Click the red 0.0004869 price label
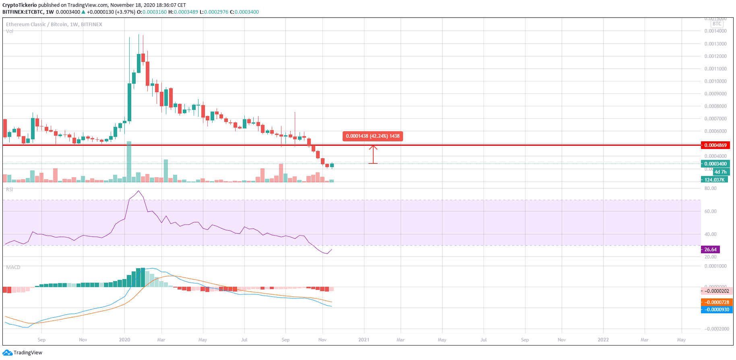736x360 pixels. click(x=715, y=145)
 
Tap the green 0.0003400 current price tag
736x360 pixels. click(x=715, y=164)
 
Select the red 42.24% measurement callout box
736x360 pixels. click(x=372, y=136)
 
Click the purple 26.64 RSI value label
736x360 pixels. click(x=710, y=250)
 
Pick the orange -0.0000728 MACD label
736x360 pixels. click(x=717, y=302)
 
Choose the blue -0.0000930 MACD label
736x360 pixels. click(x=717, y=310)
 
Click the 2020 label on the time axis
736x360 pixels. click(x=124, y=340)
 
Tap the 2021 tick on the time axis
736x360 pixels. click(x=364, y=340)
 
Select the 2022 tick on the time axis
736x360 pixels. click(x=603, y=340)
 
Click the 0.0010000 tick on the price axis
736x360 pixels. click(x=715, y=81)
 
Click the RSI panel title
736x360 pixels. click(x=9, y=189)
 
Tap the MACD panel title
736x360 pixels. click(x=13, y=267)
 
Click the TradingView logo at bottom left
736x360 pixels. click(x=23, y=353)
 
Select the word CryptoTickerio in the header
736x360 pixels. click(x=20, y=5)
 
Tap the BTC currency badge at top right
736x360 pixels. click(x=717, y=24)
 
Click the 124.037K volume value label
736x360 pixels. click(x=714, y=180)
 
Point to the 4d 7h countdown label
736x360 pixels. click(x=720, y=172)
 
